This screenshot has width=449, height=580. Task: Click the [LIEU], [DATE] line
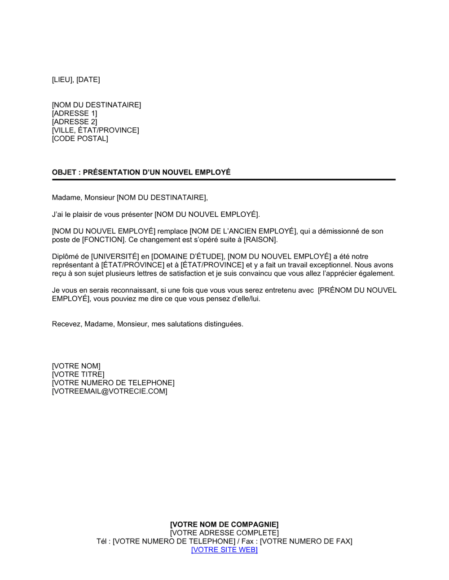point(76,80)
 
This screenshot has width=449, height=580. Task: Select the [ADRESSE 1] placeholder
point(75,113)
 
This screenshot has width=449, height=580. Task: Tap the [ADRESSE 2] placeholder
point(75,122)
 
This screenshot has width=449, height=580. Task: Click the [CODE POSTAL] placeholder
point(80,138)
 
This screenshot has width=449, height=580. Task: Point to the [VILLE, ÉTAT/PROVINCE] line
point(96,130)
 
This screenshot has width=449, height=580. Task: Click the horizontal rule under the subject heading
point(224,179)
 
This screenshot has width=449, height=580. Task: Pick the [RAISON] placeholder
point(261,240)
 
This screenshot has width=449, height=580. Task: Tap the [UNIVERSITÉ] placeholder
point(115,257)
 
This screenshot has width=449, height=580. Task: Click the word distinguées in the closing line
point(224,324)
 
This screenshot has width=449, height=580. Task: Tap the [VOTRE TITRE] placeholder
point(78,375)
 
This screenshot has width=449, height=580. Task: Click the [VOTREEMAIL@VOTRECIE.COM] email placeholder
point(110,391)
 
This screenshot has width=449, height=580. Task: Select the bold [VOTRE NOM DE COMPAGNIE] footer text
point(224,525)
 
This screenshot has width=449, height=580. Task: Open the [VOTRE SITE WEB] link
point(224,550)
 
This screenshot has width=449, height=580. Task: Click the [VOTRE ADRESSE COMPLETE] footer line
point(224,533)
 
